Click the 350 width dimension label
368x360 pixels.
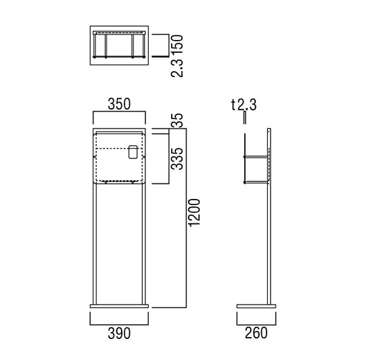coord(119,104)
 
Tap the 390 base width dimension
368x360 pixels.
coord(119,333)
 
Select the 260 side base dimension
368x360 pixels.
coord(256,333)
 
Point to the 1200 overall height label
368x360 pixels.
coord(195,212)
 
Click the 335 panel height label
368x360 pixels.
coord(177,159)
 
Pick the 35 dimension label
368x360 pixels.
coord(177,120)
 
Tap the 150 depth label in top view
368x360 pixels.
coord(177,45)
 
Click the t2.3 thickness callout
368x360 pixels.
coord(244,105)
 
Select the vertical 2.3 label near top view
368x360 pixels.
coord(177,68)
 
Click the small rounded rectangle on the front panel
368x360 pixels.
coord(133,152)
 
